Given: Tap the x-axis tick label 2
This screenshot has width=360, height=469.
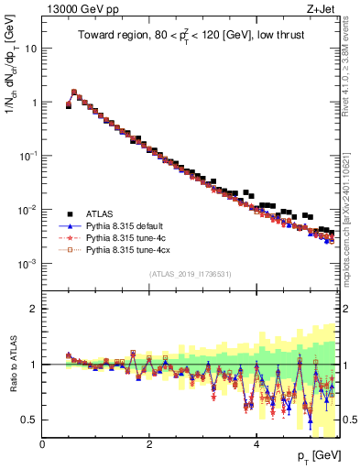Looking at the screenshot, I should (x=149, y=443).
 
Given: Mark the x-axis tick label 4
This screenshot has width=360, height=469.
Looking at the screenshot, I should (x=256, y=443).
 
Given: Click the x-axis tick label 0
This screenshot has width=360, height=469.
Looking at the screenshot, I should (x=43, y=443).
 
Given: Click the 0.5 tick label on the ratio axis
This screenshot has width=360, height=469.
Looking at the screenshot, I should (x=30, y=420).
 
